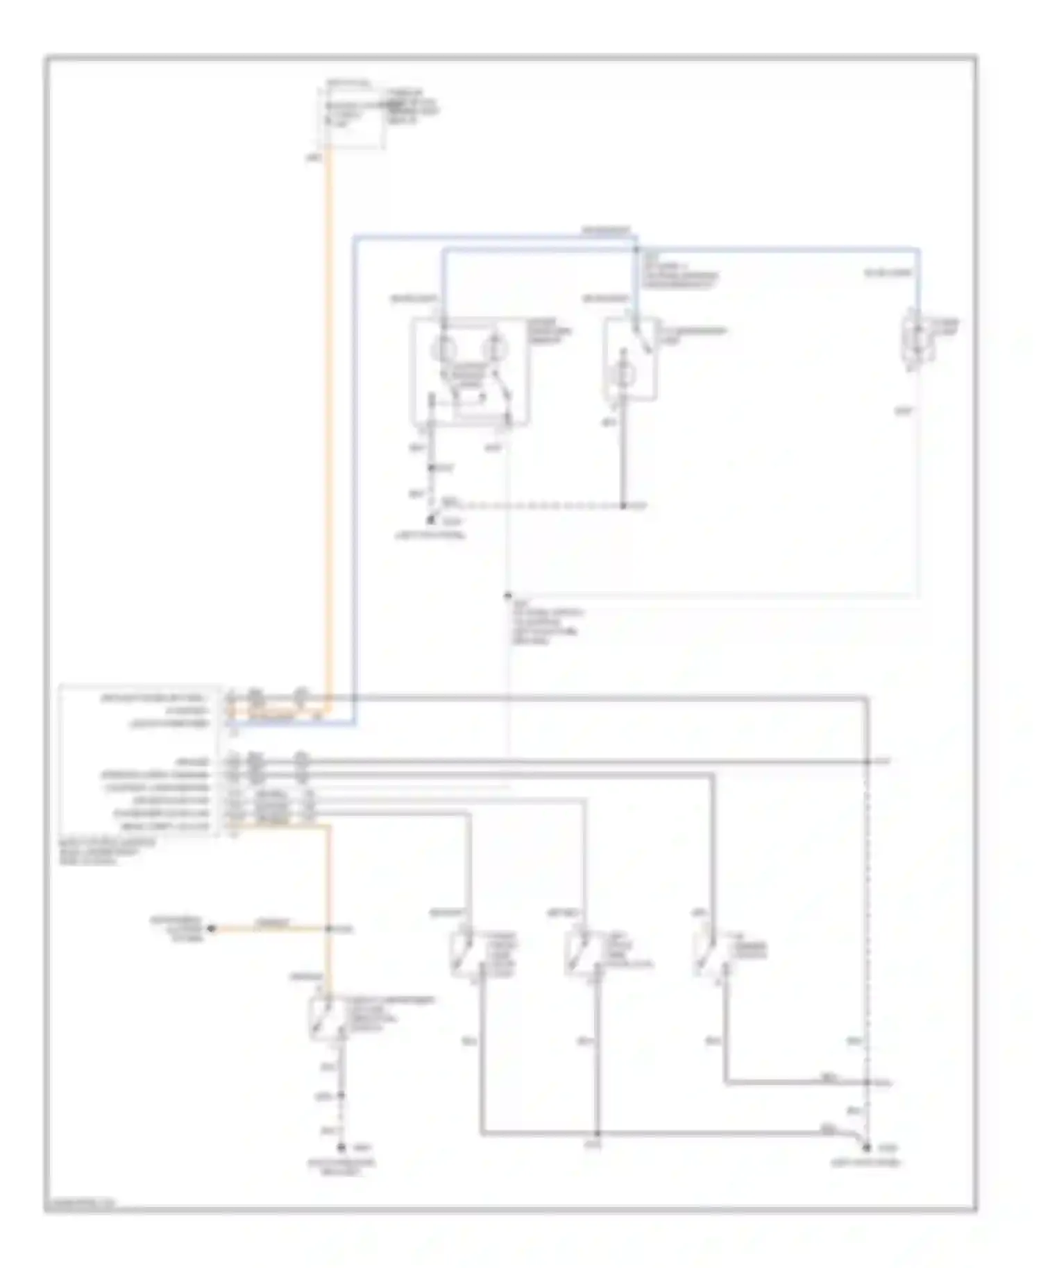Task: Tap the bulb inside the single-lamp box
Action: [622, 375]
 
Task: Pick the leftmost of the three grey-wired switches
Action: [462, 954]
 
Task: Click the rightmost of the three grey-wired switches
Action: [706, 954]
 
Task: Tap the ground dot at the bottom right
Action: [867, 1148]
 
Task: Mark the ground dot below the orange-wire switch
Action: [341, 1148]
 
